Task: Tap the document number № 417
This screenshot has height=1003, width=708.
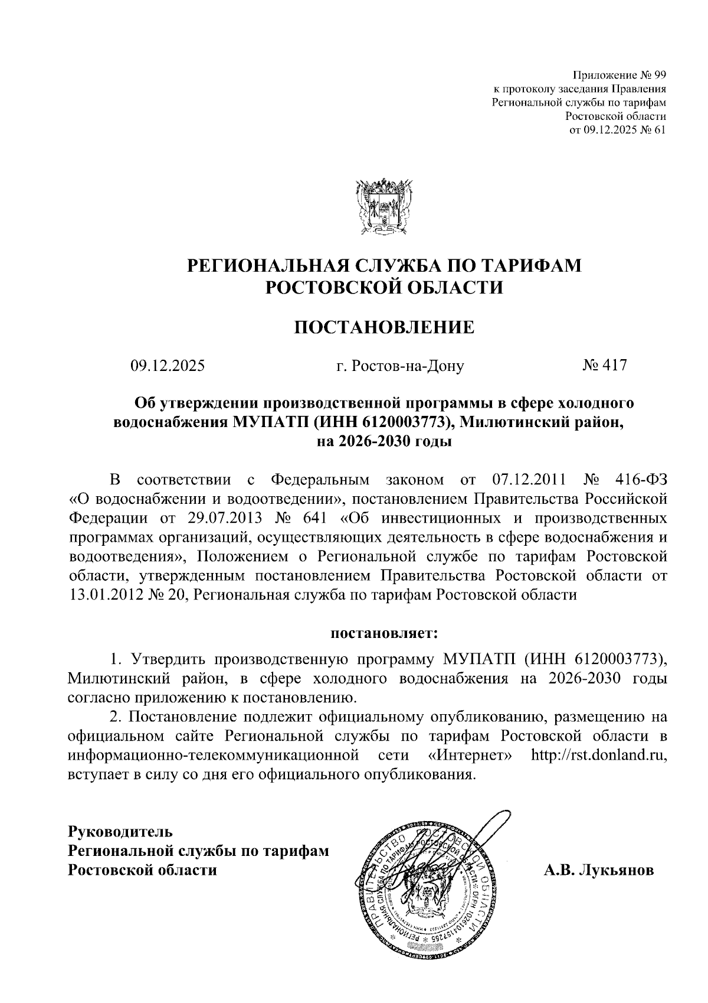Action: point(604,366)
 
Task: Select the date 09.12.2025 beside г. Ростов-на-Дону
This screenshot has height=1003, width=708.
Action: point(168,366)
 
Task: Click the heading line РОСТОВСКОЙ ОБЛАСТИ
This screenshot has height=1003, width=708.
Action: point(384,288)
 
